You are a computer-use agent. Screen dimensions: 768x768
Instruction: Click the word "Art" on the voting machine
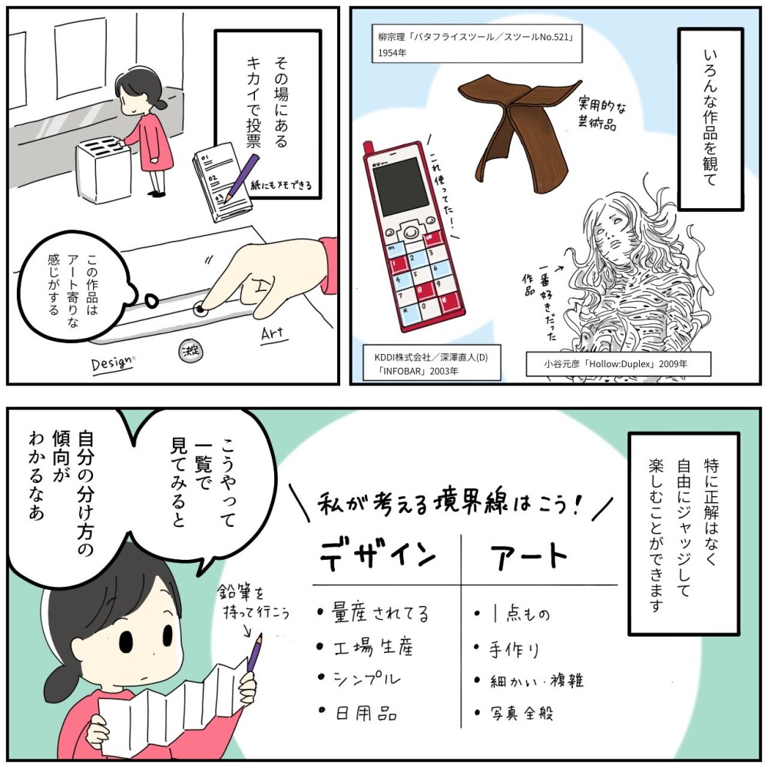(x=273, y=334)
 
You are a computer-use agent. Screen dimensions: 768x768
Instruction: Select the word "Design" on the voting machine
(x=112, y=363)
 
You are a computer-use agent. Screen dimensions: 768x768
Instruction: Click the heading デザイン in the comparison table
(x=378, y=555)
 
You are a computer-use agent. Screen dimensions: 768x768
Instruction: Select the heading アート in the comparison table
(x=529, y=555)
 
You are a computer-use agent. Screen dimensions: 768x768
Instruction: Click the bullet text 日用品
(x=366, y=713)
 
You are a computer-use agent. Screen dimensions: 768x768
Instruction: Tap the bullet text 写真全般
(x=521, y=713)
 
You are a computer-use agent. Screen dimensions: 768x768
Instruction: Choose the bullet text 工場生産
(x=373, y=647)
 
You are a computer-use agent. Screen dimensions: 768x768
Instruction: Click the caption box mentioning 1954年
(x=477, y=44)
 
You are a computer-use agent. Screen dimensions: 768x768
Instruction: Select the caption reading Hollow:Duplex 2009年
(x=618, y=364)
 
